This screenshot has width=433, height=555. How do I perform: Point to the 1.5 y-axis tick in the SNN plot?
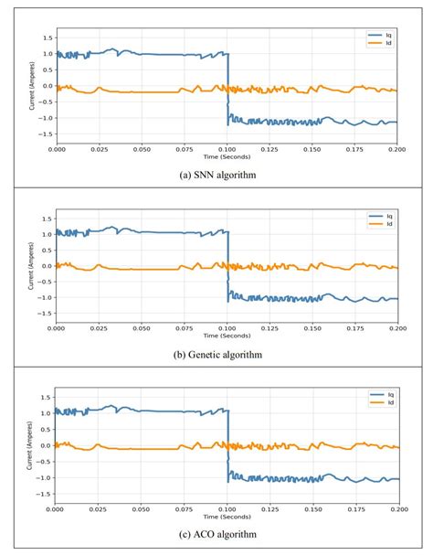point(47,38)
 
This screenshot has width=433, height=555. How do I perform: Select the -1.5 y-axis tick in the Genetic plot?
point(45,314)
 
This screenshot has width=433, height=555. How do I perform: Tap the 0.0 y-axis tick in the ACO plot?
point(47,445)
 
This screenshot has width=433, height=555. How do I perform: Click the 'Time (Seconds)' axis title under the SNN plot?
point(227,155)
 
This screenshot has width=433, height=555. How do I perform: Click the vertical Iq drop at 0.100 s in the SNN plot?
point(227,87)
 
